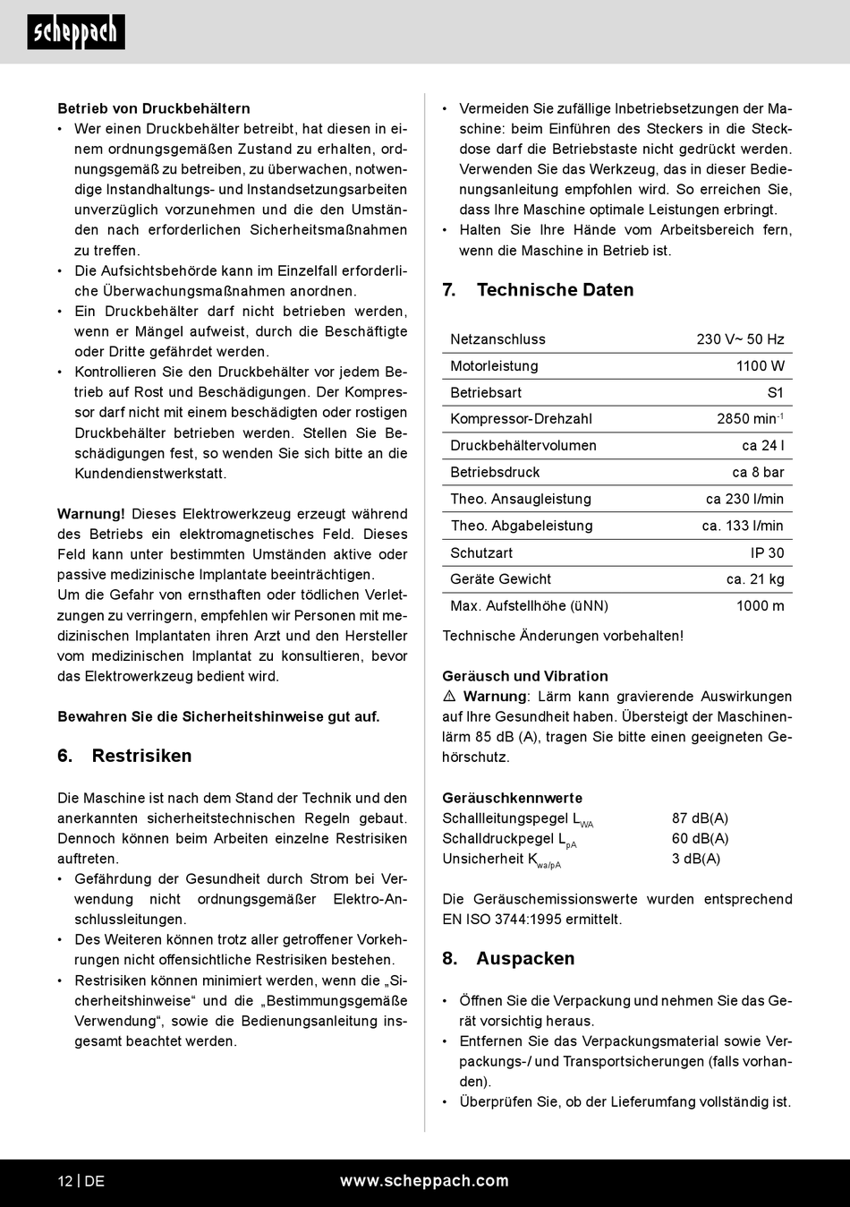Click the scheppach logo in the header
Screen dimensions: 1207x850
(x=76, y=32)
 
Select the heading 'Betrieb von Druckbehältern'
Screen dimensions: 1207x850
(x=154, y=108)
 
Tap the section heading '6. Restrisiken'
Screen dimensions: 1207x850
(x=124, y=756)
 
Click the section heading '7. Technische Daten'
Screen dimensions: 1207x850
(x=538, y=290)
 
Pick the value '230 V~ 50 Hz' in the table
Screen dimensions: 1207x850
(x=740, y=339)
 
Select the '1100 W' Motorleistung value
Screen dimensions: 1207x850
(x=760, y=366)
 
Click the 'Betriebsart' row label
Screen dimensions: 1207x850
(x=486, y=393)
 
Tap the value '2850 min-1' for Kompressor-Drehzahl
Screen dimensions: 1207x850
(x=750, y=419)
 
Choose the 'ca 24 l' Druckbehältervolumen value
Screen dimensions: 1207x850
(x=762, y=446)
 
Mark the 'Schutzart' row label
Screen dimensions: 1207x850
(x=481, y=553)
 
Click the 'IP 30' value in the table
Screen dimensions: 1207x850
(x=767, y=553)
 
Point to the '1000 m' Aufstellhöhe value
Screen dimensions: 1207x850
(x=760, y=606)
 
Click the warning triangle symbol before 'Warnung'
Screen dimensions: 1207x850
(x=449, y=697)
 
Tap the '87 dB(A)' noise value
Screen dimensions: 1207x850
(x=700, y=818)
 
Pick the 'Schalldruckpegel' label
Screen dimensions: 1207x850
(x=498, y=839)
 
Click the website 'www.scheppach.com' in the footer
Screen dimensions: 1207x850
(x=424, y=1181)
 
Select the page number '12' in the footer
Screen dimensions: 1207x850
(x=65, y=1181)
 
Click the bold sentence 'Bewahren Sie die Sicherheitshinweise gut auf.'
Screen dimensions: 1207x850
(x=218, y=716)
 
